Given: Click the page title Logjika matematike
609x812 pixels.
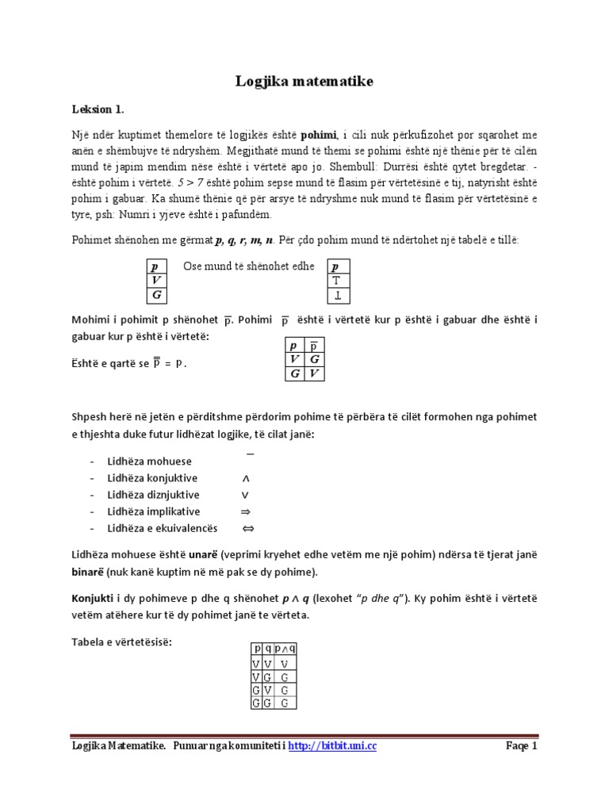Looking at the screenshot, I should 304,81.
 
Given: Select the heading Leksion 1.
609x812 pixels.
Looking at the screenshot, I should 98,109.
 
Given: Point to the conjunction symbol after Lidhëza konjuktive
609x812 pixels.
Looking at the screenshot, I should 245,478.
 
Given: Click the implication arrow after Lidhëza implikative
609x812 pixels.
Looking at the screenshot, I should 245,511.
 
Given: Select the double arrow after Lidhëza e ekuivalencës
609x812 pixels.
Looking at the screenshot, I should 247,528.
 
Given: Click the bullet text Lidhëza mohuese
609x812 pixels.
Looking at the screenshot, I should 150,462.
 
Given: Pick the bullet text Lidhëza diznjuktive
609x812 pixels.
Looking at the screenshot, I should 154,495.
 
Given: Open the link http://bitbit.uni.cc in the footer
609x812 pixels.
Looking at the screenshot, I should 331,746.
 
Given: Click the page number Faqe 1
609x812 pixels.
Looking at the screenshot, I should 521,746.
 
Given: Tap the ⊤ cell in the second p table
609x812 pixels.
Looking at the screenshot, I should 337,281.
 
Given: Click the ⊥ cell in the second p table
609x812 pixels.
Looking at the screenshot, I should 337,296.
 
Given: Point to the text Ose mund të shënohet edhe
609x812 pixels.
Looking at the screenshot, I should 249,266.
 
